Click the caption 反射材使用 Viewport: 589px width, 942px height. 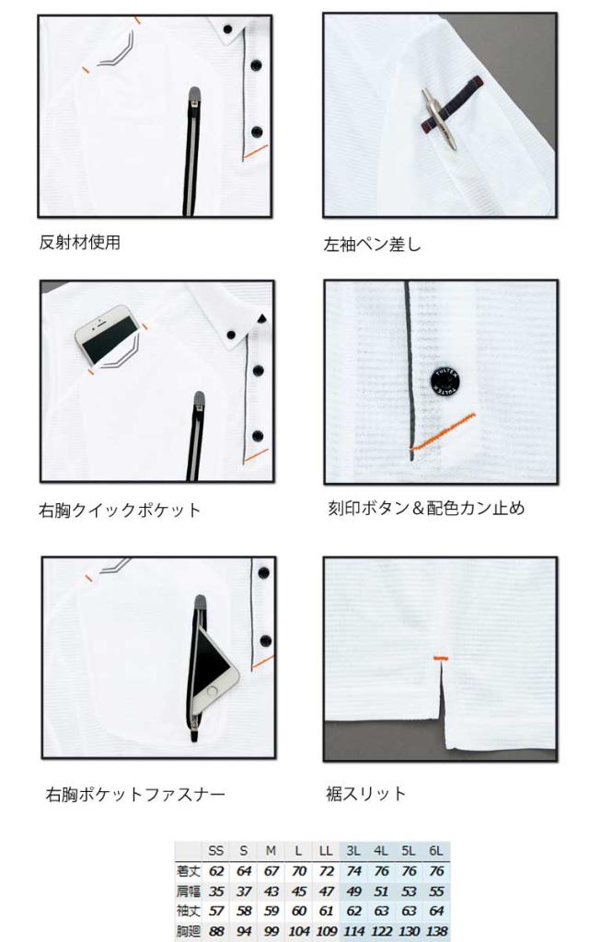click(x=80, y=242)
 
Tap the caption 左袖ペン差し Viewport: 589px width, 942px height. click(x=373, y=244)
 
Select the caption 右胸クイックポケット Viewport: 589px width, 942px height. click(x=120, y=510)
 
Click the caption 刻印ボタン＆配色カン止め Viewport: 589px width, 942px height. click(x=426, y=508)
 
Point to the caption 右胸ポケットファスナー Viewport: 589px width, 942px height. click(x=136, y=794)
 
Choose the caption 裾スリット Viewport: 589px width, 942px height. click(x=366, y=794)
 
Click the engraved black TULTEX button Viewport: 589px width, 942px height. click(x=446, y=382)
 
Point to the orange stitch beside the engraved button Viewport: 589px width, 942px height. click(x=443, y=431)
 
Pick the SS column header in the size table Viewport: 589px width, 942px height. click(x=215, y=851)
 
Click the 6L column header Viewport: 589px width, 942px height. click(x=435, y=851)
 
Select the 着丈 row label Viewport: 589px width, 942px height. click(x=188, y=870)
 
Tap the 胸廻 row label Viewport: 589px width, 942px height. click(x=188, y=931)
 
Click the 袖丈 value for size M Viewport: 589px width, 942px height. click(x=271, y=911)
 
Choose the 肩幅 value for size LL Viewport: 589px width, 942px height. click(x=326, y=890)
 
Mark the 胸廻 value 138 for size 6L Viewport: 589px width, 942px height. click(x=435, y=931)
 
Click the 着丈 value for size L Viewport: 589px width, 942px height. click(x=299, y=870)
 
